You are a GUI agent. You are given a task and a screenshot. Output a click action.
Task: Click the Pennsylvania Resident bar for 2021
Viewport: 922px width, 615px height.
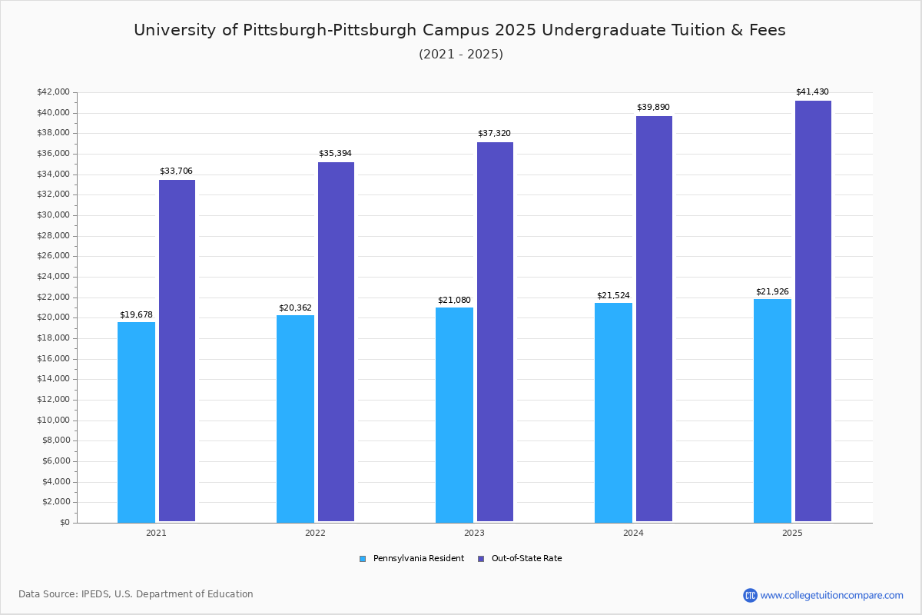tap(136, 422)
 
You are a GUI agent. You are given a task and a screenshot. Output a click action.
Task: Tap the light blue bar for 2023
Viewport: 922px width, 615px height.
tap(454, 415)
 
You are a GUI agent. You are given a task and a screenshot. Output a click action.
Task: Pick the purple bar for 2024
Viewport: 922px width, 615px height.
tap(654, 319)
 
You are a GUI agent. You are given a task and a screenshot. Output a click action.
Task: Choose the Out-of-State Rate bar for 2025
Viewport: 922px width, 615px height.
tap(813, 311)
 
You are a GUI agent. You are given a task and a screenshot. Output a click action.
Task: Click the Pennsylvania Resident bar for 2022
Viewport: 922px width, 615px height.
tap(295, 419)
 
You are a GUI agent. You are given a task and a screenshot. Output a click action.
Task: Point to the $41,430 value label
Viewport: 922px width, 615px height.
tap(812, 92)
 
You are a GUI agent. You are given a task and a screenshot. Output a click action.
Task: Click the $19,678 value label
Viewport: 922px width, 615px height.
tap(136, 314)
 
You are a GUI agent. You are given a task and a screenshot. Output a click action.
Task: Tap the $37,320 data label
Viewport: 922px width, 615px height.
tap(494, 134)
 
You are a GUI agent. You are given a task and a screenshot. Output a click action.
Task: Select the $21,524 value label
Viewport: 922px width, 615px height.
tap(613, 295)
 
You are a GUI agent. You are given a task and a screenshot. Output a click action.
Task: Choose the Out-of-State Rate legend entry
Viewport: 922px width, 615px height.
tap(526, 559)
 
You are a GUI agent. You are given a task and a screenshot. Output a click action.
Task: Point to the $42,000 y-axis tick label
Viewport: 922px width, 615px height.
tap(53, 92)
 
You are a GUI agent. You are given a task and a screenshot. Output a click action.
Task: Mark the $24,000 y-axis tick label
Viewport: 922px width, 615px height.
tap(53, 277)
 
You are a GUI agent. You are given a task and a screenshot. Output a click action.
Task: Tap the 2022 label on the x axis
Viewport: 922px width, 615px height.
tap(315, 533)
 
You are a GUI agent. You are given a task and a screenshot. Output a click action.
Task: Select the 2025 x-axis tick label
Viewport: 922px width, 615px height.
tap(792, 533)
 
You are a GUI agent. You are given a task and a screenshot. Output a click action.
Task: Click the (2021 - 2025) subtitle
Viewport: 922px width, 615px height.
tap(461, 55)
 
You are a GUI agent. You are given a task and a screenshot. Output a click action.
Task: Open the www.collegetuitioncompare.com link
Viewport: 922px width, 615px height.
tap(831, 595)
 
